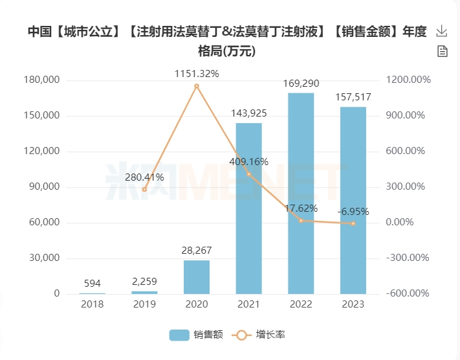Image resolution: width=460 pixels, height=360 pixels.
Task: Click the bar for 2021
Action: pyautogui.click(x=248, y=208)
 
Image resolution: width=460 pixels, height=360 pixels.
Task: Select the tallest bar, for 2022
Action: pyautogui.click(x=301, y=194)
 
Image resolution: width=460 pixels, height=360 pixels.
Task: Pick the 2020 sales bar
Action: pyautogui.click(x=197, y=277)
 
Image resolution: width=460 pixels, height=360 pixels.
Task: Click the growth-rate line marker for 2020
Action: pyautogui.click(x=197, y=86)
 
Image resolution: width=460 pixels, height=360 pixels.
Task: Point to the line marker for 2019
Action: pyautogui.click(x=144, y=189)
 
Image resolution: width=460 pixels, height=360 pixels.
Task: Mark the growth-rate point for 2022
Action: pyautogui.click(x=301, y=221)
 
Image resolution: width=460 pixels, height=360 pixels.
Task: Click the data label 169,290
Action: pyautogui.click(x=301, y=84)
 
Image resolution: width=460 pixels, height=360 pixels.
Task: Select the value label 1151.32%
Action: pyautogui.click(x=197, y=74)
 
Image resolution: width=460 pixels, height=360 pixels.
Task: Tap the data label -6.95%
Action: pyautogui.click(x=353, y=212)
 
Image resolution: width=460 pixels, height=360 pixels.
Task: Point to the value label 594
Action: pyautogui.click(x=93, y=284)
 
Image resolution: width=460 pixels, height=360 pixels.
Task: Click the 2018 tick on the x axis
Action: pyautogui.click(x=93, y=304)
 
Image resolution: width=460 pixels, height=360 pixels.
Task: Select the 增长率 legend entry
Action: pyautogui.click(x=261, y=335)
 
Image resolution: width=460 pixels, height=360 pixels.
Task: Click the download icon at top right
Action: pyautogui.click(x=443, y=31)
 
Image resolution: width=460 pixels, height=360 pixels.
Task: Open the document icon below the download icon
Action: pyautogui.click(x=443, y=51)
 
